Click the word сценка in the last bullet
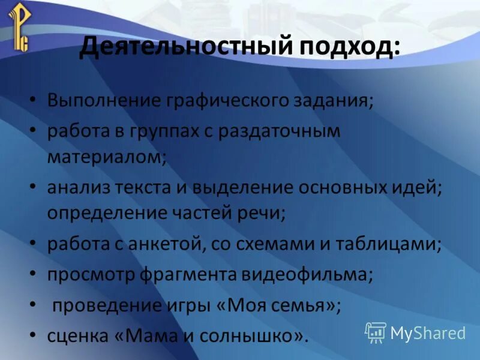click(75, 337)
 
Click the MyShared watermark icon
click(376, 332)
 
